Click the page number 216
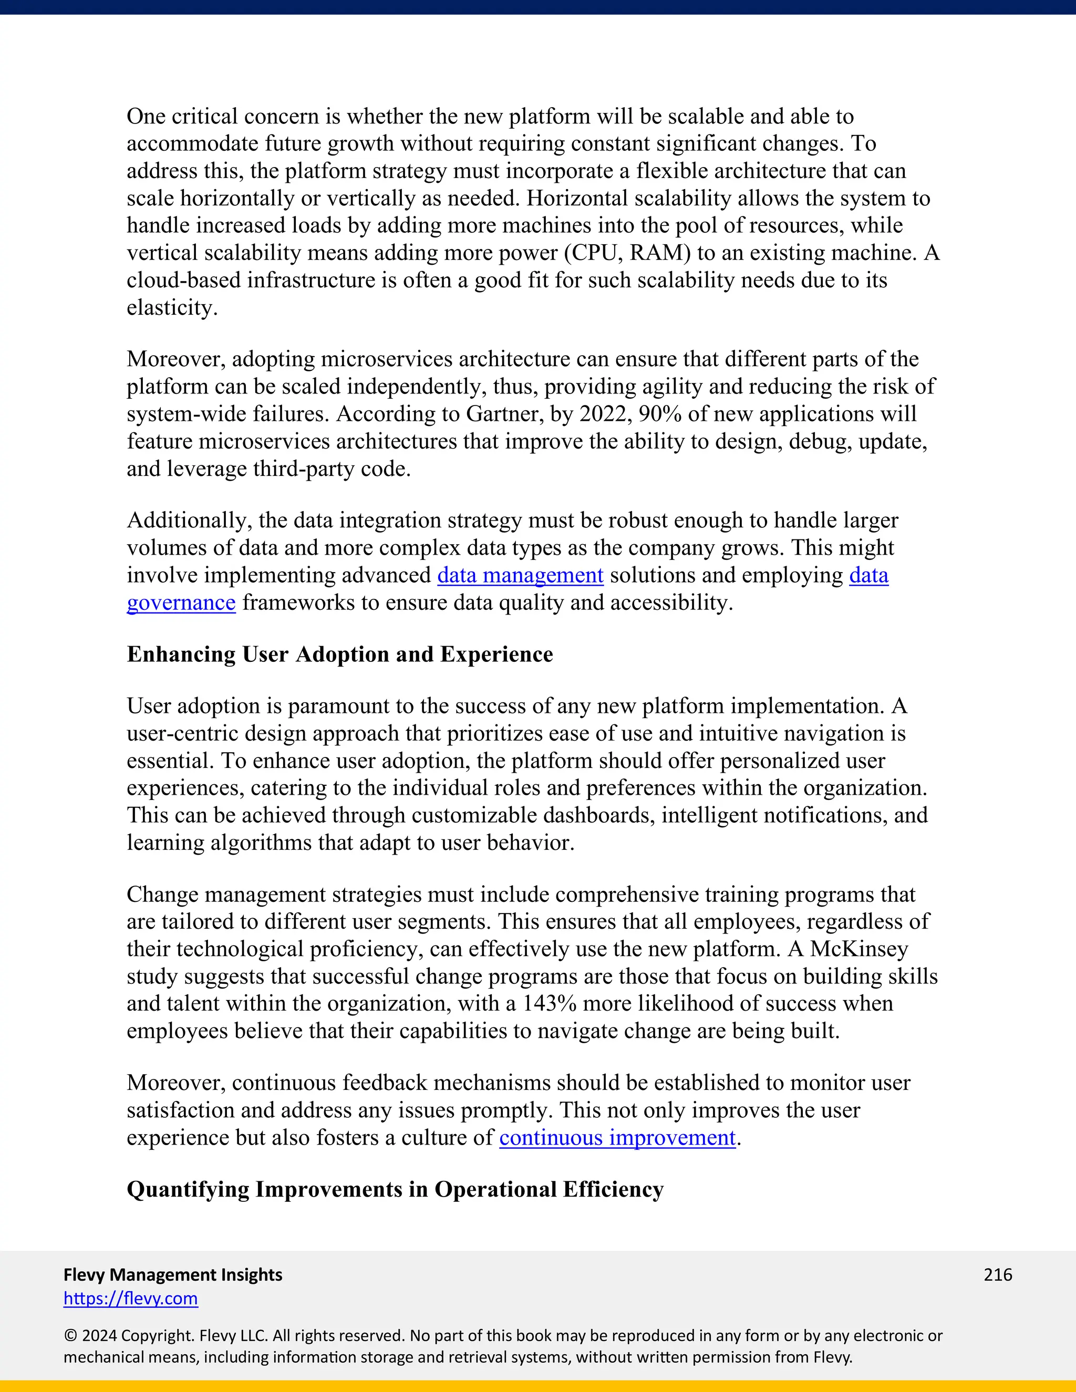tap(998, 1274)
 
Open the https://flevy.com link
tap(131, 1298)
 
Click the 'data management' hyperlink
tap(520, 576)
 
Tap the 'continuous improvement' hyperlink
tap(617, 1138)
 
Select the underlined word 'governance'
tap(181, 603)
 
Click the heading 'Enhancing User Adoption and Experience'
tap(340, 655)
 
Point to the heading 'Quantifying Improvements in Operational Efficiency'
tap(395, 1189)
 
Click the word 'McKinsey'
tap(858, 949)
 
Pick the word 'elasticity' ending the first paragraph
tap(170, 308)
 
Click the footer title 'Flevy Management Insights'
tap(173, 1274)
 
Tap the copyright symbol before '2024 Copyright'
tap(69, 1335)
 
